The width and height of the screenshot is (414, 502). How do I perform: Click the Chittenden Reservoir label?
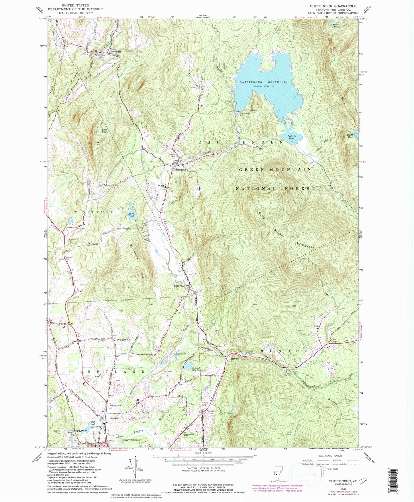264,82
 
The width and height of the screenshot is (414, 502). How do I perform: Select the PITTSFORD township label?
94,212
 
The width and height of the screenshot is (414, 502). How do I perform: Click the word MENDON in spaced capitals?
284,351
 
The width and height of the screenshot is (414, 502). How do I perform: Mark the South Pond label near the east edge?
350,136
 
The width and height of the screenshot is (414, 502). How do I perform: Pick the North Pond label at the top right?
335,26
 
